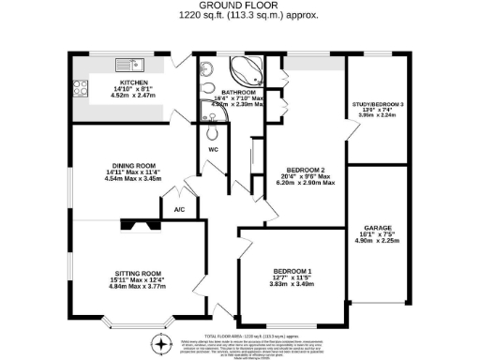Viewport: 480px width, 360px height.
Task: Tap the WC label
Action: click(212, 148)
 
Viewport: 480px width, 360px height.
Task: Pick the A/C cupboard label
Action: click(179, 210)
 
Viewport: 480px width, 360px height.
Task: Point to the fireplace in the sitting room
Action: click(138, 225)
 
